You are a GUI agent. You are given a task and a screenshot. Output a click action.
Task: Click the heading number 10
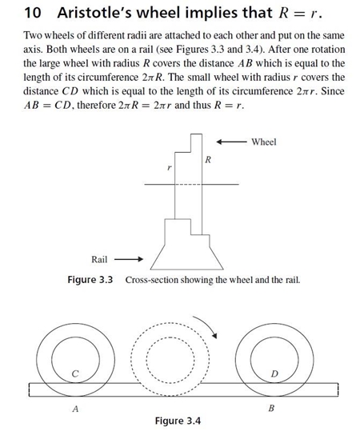[33, 13]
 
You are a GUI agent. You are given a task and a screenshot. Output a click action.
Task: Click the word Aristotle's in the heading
[94, 13]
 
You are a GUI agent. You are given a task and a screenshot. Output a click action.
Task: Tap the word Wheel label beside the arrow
[264, 142]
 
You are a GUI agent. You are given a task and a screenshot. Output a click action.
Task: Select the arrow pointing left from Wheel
[231, 142]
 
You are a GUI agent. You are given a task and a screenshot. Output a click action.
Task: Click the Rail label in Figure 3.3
[99, 259]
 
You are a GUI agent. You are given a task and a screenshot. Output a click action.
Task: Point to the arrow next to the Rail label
[129, 259]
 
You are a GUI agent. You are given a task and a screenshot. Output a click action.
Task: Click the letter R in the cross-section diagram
[208, 159]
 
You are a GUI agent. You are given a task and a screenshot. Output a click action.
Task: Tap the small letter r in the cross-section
[170, 167]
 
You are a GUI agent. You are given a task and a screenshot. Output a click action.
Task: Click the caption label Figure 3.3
[90, 280]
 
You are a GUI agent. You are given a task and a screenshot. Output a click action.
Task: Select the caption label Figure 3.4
[178, 421]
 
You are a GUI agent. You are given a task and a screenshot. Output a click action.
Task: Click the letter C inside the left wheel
[75, 373]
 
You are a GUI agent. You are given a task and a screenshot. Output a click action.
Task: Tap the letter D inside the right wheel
[274, 373]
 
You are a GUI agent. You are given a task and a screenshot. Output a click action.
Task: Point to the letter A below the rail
[75, 409]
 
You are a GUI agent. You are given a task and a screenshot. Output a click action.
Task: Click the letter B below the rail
[271, 408]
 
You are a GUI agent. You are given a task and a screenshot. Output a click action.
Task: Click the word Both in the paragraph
[56, 50]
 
